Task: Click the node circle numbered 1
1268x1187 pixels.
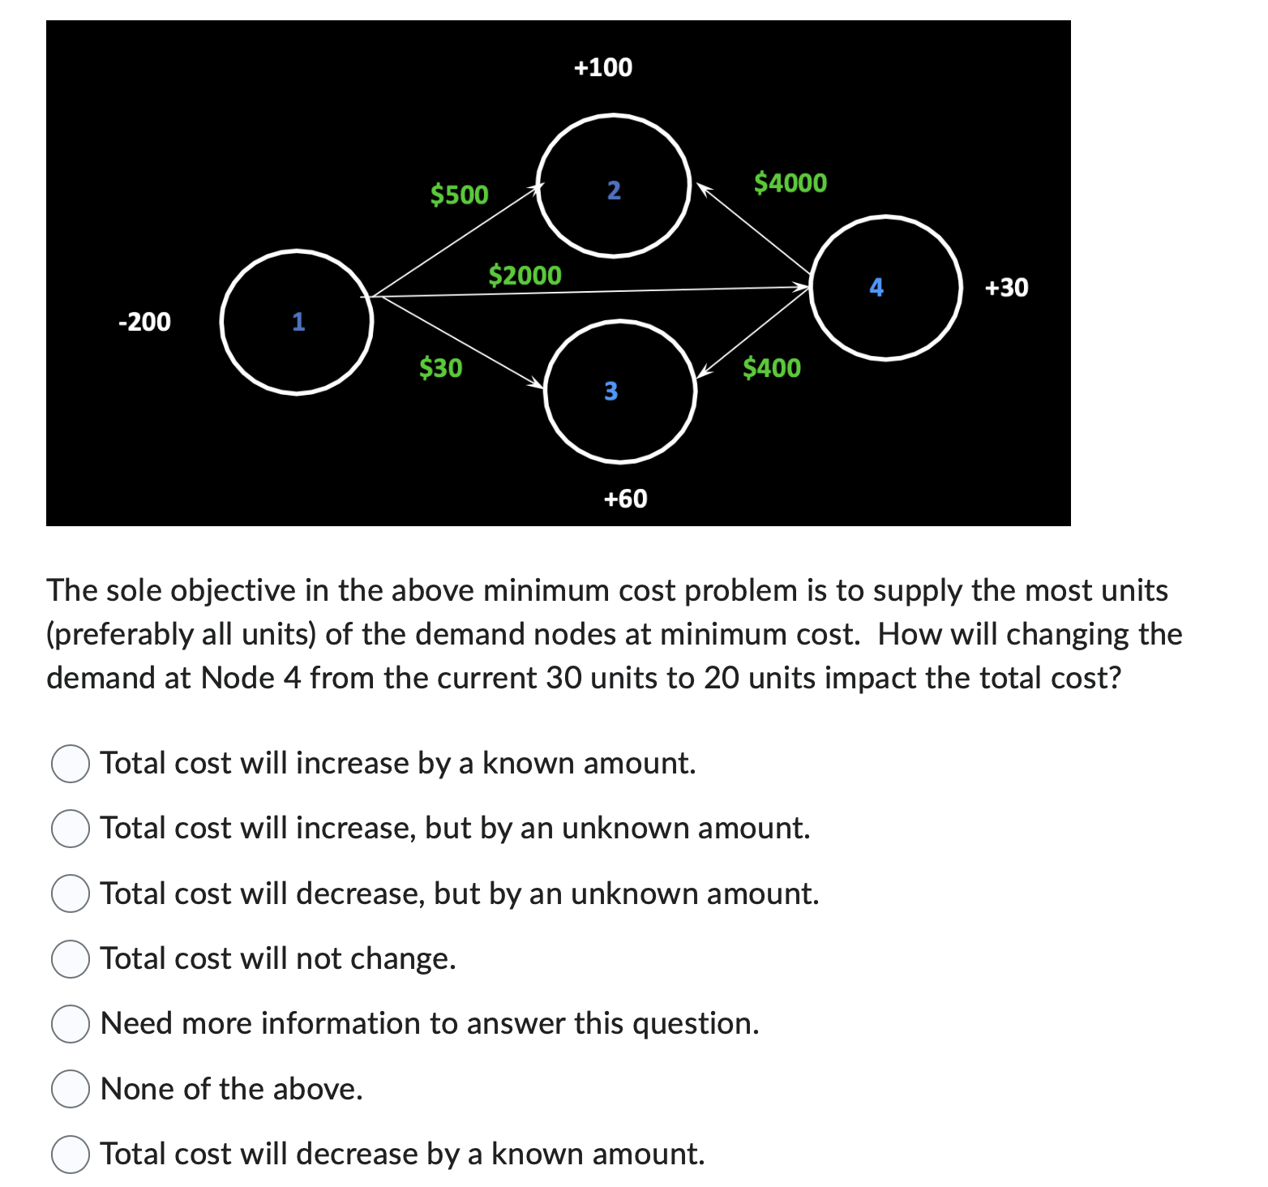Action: coord(297,322)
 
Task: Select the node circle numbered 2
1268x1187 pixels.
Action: coord(613,186)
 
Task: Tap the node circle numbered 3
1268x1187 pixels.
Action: coord(621,391)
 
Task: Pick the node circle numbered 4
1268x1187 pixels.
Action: coord(885,287)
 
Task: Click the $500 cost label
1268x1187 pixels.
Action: coord(459,195)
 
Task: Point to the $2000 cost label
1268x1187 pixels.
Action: coord(525,276)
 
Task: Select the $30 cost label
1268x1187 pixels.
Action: coord(440,368)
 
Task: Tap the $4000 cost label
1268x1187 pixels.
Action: coord(790,182)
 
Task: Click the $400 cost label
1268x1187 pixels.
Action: coord(772,368)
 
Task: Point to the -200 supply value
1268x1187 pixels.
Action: coord(144,322)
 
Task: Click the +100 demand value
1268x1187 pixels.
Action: coord(602,67)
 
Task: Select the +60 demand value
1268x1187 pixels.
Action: coord(625,499)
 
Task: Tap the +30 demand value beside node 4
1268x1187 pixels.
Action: coord(1006,287)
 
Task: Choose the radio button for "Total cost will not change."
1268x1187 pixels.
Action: coord(71,958)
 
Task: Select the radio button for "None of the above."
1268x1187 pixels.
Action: coord(71,1089)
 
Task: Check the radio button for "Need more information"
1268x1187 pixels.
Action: coord(71,1023)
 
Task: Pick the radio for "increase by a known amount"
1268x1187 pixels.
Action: coord(71,763)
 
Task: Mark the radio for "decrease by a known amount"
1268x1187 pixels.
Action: coord(71,1154)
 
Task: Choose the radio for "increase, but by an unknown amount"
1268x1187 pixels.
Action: coord(71,828)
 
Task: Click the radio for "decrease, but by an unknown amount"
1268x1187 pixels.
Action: coord(71,893)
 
